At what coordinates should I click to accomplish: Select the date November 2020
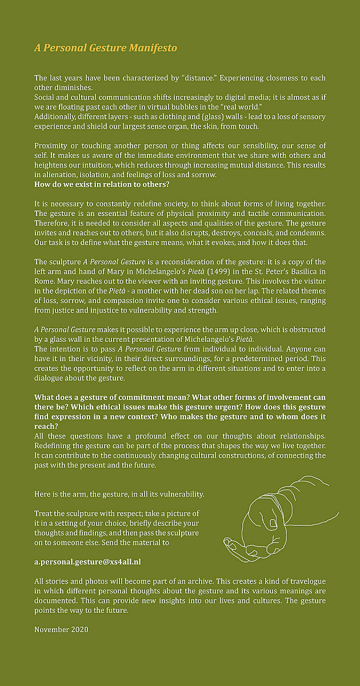tap(61, 629)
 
